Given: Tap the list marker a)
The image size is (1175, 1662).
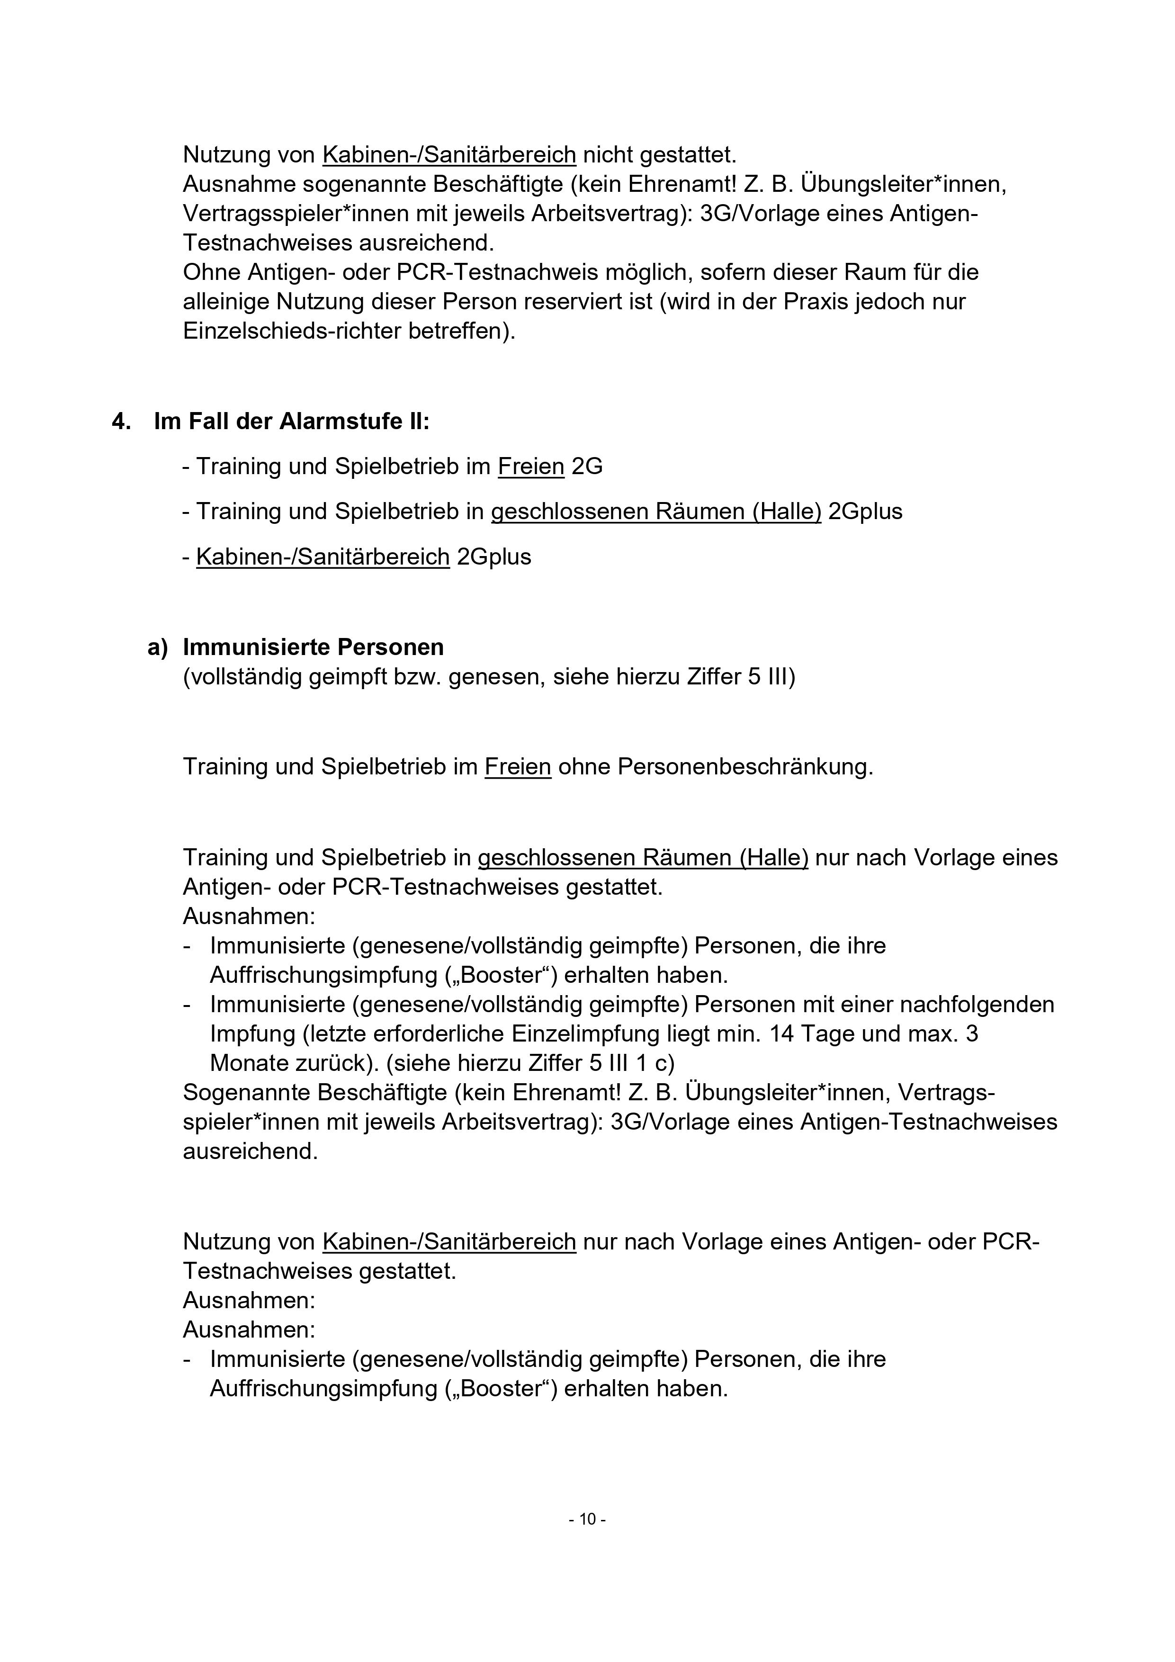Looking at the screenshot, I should pyautogui.click(x=157, y=647).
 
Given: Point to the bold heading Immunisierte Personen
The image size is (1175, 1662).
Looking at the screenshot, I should pyautogui.click(x=313, y=647).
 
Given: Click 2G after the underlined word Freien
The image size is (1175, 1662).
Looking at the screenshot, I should pyautogui.click(x=587, y=467).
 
